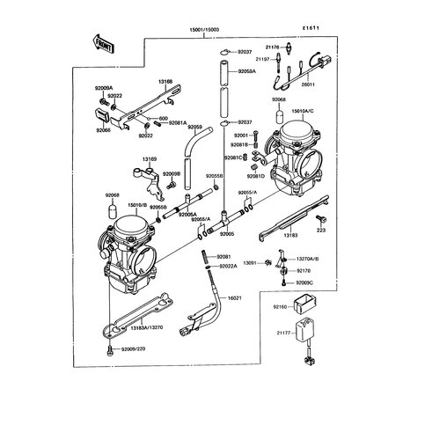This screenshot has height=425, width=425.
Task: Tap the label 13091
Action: (x=252, y=262)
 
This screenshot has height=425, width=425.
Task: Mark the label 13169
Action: (x=150, y=159)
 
